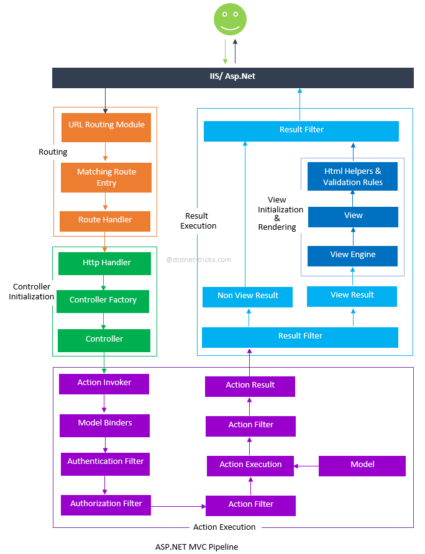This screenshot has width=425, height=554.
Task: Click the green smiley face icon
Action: [230, 19]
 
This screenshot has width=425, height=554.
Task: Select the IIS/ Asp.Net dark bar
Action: [232, 77]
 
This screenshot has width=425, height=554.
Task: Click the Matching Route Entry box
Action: [106, 178]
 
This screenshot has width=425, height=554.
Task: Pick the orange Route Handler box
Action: [105, 220]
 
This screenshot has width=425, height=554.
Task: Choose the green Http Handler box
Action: [104, 263]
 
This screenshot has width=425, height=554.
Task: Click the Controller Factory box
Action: [103, 301]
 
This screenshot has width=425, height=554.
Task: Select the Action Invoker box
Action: [104, 383]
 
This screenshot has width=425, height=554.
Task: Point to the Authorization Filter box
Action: [106, 504]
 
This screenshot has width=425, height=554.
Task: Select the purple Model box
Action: [362, 465]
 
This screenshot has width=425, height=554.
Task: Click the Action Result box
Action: [250, 386]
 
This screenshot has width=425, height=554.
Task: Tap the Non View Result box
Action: [248, 296]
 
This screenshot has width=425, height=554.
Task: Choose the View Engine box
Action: [352, 255]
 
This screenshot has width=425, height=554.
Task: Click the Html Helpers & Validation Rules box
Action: [352, 177]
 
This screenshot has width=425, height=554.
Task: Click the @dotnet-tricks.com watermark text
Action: [198, 260]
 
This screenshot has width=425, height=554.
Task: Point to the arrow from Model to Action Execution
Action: [306, 465]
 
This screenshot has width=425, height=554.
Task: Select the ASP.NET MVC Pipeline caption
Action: [196, 547]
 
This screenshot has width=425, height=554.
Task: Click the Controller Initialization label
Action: [31, 292]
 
